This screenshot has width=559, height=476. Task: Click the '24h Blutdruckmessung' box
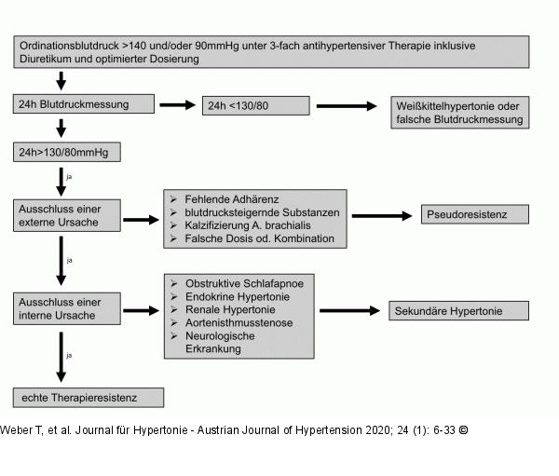pos(83,104)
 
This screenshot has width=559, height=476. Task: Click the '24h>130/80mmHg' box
pos(68,150)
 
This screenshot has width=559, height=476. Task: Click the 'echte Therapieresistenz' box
pos(89,398)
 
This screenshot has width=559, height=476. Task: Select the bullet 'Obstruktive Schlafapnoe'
pos(245,283)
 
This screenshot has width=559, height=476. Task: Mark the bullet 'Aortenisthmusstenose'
pos(239,322)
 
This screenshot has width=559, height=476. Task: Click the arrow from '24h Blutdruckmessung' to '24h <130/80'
pos(178,104)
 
